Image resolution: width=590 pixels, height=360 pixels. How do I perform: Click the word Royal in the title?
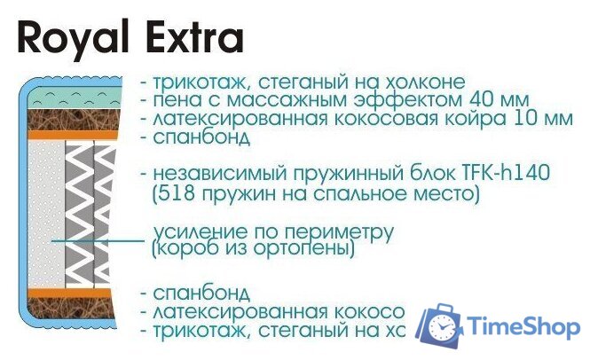[66, 39]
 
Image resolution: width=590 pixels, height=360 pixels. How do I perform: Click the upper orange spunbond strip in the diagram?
[70, 135]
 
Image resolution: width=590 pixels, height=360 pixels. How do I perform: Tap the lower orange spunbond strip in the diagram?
[70, 293]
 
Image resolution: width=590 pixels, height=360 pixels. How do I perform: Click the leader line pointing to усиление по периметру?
[98, 240]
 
